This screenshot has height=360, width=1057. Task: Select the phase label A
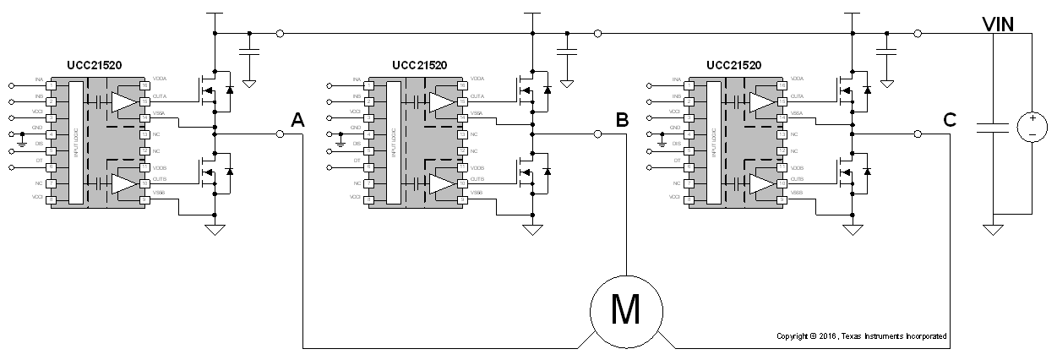(x=297, y=121)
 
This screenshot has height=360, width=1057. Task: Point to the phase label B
(x=621, y=121)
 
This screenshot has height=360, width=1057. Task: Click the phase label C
(x=949, y=121)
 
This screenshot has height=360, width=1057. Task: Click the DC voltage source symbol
(x=1032, y=127)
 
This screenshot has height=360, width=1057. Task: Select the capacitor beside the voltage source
(x=993, y=127)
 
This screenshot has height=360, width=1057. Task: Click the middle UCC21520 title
(x=419, y=65)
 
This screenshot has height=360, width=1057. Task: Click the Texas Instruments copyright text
(x=861, y=336)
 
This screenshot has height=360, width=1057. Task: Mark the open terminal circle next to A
(x=280, y=134)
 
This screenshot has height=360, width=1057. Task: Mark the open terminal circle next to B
(x=597, y=134)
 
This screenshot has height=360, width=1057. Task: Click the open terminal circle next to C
(x=918, y=134)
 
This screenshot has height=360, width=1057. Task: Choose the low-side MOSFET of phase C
(x=846, y=172)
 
